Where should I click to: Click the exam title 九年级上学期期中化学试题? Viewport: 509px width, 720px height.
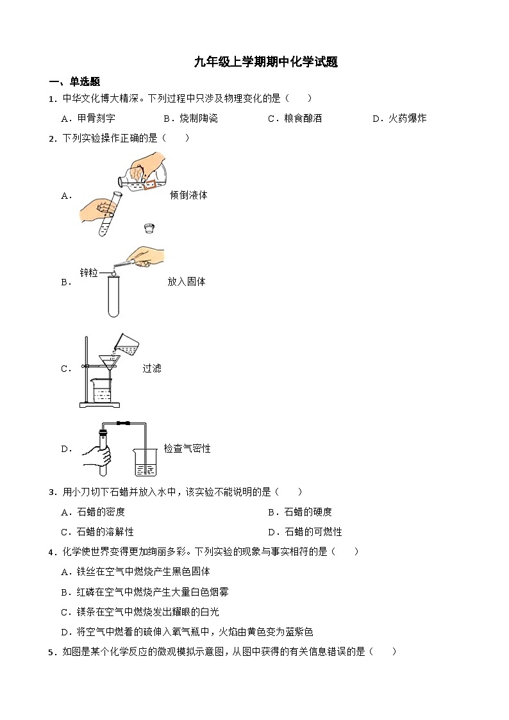click(x=266, y=62)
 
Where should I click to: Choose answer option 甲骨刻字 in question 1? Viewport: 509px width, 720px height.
click(x=96, y=119)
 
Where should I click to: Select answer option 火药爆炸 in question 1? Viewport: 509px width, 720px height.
click(x=407, y=119)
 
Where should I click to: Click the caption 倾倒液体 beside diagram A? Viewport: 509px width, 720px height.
click(x=188, y=196)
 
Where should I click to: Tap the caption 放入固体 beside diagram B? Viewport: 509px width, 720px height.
click(x=187, y=281)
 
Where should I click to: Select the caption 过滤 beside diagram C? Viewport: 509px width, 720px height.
click(x=152, y=369)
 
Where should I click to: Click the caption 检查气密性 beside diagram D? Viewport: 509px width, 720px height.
click(x=187, y=449)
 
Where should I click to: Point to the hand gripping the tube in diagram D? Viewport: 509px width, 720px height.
click(x=96, y=456)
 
